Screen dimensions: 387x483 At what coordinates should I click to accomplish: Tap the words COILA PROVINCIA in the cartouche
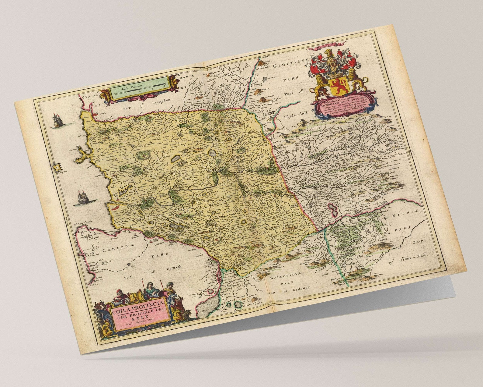(138, 306)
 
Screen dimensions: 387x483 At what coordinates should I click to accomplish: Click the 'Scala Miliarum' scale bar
(137, 88)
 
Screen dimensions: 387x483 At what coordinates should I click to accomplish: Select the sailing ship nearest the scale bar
(57, 121)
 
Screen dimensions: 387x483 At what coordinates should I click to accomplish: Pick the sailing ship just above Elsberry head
(82, 198)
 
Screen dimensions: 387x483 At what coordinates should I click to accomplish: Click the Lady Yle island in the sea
(57, 168)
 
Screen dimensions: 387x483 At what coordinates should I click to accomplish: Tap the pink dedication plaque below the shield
(344, 105)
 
